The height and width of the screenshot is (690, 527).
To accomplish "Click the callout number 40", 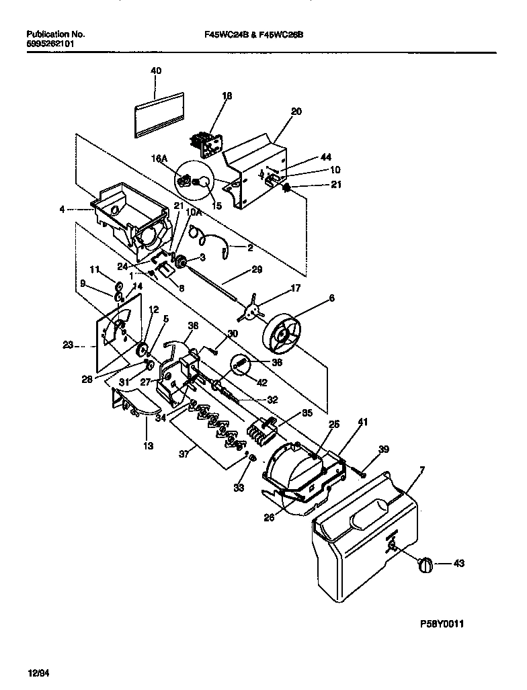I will (156, 71).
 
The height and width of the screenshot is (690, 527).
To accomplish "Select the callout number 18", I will (227, 97).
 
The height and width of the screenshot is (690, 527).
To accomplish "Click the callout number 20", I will (296, 112).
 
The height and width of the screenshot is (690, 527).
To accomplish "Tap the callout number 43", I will (458, 563).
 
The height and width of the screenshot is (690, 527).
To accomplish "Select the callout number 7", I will (421, 467).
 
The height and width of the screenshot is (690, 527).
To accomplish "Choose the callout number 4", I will (63, 209).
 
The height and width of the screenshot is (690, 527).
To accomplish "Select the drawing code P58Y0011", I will (442, 623).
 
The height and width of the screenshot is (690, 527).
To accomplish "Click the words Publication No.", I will (54, 34).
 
